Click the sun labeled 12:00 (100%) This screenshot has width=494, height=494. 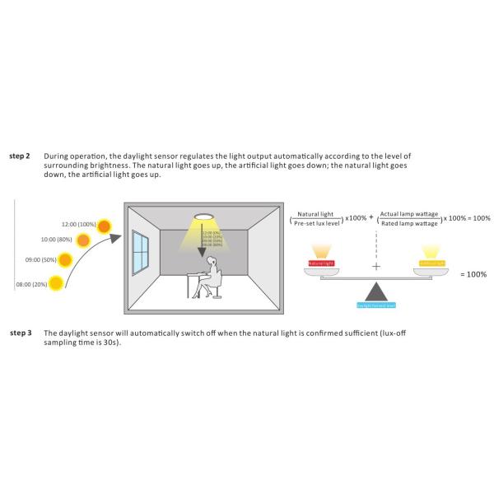click(105, 224)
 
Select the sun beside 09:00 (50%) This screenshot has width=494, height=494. click(67, 262)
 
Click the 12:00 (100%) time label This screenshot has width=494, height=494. click(78, 223)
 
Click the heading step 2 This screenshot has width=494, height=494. click(20, 156)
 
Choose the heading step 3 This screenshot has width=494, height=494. click(20, 333)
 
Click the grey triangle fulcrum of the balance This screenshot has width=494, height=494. click(378, 292)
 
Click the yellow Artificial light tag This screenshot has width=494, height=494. click(432, 263)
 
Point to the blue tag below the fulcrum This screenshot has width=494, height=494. click(377, 305)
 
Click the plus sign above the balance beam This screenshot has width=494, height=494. click(377, 268)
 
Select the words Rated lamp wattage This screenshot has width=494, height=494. click(410, 223)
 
